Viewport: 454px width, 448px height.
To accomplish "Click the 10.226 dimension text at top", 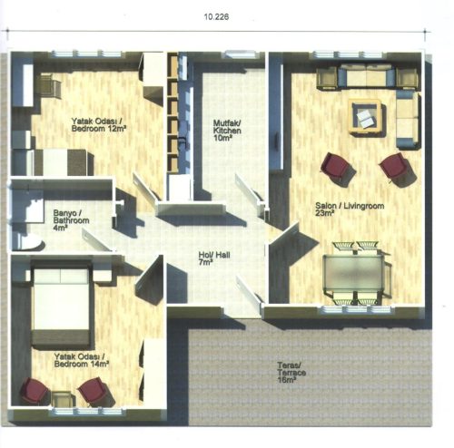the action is [x=216, y=17].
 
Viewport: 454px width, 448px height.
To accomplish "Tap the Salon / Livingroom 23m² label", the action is [x=350, y=209].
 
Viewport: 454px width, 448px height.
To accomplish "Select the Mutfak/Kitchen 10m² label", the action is [x=227, y=131].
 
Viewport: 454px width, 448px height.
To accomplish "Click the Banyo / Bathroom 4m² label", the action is [x=71, y=220].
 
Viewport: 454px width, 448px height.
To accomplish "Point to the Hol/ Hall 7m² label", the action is [x=214, y=258].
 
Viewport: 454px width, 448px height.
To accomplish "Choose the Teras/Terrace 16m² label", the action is [x=291, y=373].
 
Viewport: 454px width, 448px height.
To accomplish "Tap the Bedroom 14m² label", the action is [x=82, y=364].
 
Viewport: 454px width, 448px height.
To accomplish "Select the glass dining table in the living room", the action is [x=353, y=274].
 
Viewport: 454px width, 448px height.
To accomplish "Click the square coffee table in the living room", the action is [x=367, y=117].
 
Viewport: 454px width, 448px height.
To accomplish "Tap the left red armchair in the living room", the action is [x=337, y=167].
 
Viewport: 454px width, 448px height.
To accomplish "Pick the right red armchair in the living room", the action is [x=395, y=167].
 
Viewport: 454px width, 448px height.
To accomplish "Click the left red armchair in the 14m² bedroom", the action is [x=35, y=391].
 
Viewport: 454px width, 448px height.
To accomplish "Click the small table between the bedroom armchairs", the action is [x=63, y=399].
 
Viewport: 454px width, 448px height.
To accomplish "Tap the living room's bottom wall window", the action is [x=357, y=309].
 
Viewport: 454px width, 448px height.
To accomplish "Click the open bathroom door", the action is [x=97, y=239].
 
